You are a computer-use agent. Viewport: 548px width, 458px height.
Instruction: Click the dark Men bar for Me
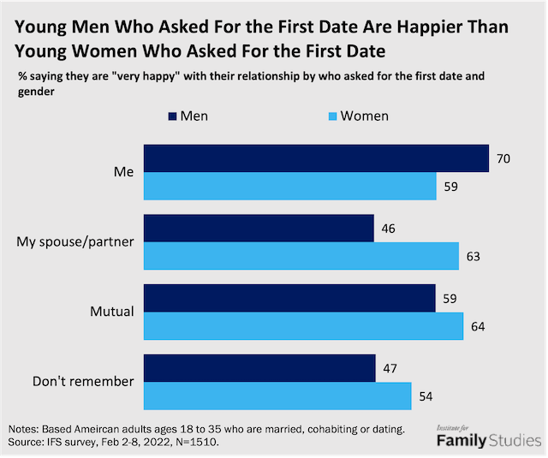click(315, 158)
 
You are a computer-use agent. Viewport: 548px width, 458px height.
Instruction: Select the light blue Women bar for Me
click(289, 185)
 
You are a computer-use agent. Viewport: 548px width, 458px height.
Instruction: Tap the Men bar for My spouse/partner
click(259, 229)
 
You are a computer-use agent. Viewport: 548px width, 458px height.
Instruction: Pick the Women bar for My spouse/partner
click(301, 255)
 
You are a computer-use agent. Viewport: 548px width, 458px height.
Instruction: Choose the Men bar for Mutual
click(289, 298)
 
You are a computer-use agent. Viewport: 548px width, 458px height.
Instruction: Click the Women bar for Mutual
click(303, 325)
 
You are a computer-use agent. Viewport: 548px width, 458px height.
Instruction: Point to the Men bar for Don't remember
click(259, 368)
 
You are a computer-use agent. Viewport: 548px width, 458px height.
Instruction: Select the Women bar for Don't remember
click(277, 396)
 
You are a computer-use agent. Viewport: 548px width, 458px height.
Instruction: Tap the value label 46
click(387, 229)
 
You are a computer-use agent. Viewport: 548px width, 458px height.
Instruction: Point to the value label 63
click(472, 255)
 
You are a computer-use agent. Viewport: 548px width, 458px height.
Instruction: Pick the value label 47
click(389, 368)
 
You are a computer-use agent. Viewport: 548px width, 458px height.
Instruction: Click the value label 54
click(425, 396)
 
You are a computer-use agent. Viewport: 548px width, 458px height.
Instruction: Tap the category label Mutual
click(113, 312)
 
